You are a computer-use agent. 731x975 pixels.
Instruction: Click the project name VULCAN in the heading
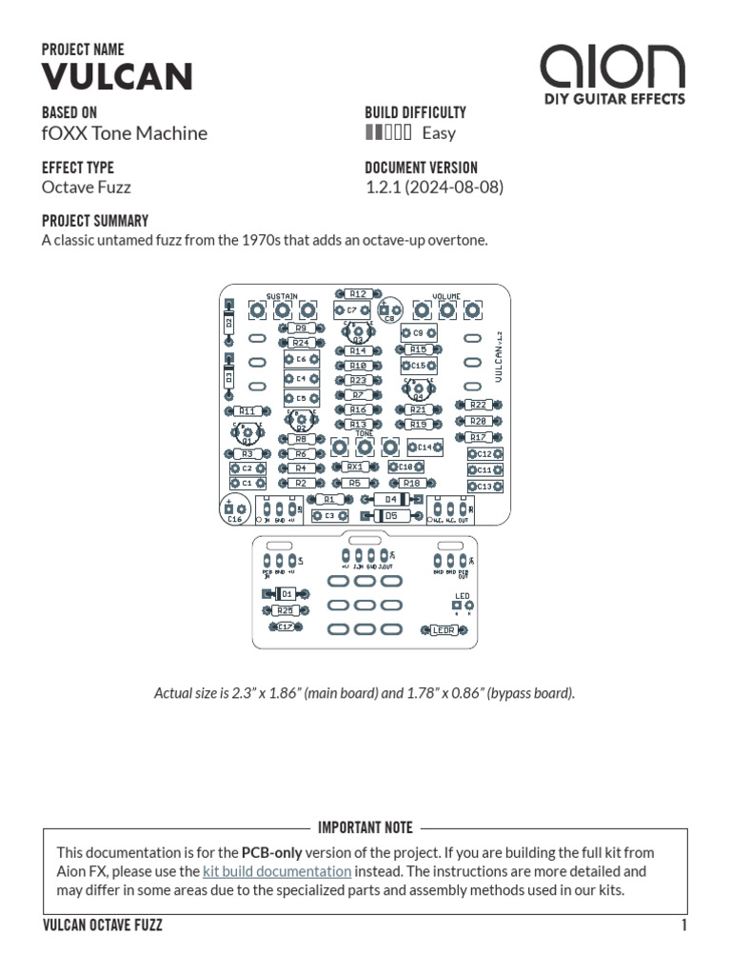pos(117,77)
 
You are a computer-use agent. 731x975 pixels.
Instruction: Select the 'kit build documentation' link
pos(277,871)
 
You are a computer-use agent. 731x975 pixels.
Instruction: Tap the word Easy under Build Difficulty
pos(439,133)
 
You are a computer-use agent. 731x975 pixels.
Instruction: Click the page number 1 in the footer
pos(683,925)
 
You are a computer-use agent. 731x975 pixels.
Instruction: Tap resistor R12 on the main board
pos(357,294)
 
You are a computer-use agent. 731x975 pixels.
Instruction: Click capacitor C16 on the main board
pos(233,510)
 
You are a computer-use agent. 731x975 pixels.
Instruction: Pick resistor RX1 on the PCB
pos(353,468)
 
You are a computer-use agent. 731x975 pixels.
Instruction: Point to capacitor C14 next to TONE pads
pos(425,447)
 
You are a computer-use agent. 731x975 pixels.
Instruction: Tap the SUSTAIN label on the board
pos(282,296)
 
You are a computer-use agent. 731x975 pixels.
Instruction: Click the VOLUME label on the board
pos(447,296)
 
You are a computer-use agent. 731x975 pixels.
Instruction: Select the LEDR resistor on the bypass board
pos(443,629)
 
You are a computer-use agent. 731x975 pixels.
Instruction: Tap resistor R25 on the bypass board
pos(284,610)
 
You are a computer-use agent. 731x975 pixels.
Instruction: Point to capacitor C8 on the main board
pos(389,310)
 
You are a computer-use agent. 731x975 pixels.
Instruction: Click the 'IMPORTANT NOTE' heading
pos(365,828)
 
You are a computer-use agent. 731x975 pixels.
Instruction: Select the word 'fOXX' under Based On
pos(64,133)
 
